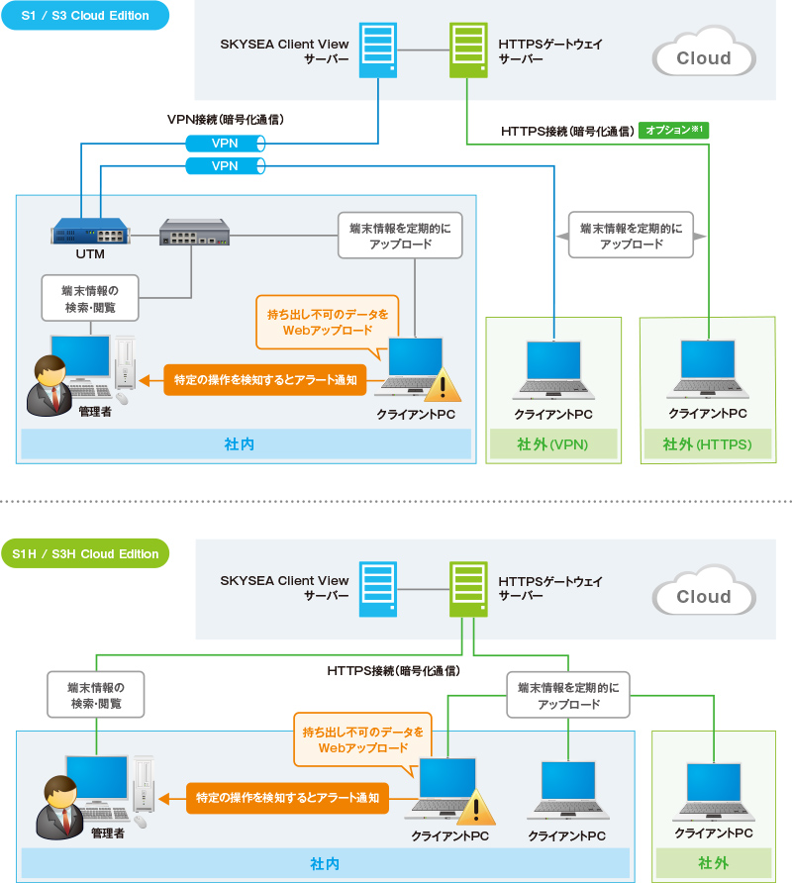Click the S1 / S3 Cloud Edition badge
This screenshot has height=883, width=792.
[x=85, y=15]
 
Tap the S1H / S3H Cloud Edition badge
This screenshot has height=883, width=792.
[x=85, y=553]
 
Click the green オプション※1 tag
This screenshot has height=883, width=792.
[x=674, y=130]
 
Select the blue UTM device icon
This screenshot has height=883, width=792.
[x=91, y=232]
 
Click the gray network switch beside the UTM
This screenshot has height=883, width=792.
[x=194, y=232]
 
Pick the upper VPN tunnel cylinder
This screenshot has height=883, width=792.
[x=226, y=144]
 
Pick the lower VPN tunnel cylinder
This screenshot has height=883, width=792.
[x=226, y=166]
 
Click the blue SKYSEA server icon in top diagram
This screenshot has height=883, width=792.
[x=378, y=50]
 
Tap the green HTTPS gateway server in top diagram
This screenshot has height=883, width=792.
[x=468, y=50]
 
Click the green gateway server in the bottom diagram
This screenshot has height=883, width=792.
[x=468, y=589]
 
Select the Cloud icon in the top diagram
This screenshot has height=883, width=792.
[x=704, y=51]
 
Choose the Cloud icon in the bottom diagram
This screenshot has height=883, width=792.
[x=704, y=591]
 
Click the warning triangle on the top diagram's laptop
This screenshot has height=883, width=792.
[x=443, y=385]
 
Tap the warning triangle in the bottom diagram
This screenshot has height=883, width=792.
[x=476, y=808]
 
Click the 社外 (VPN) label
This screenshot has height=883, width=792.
[x=553, y=444]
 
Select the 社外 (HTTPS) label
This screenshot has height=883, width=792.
[x=708, y=444]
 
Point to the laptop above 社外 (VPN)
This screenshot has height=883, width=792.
[x=553, y=369]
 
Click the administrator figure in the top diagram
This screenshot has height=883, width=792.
[x=50, y=386]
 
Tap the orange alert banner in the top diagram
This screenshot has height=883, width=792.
[x=265, y=380]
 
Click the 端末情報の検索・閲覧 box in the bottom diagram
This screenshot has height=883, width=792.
[x=96, y=695]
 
